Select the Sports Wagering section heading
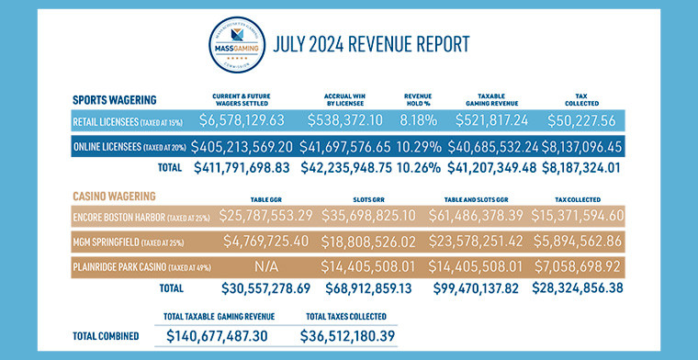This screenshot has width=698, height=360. [x=114, y=99]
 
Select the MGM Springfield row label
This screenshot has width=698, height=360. [x=131, y=243]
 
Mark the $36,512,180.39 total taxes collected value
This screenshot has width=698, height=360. [x=349, y=335]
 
